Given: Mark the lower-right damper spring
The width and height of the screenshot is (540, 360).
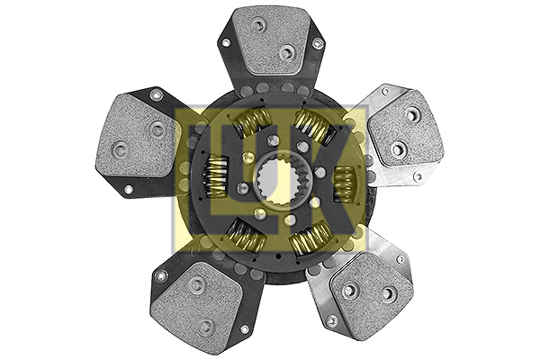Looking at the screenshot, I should (x=309, y=238).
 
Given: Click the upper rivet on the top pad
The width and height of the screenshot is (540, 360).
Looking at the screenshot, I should (x=258, y=25).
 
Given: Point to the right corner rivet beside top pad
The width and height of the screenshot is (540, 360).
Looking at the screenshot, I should (x=317, y=43).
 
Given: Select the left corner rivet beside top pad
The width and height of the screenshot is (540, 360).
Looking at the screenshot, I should (x=225, y=40).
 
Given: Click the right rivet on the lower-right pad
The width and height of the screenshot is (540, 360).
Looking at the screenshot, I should (x=389, y=293).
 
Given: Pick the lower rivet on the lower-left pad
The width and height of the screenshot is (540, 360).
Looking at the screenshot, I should (x=206, y=325).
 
